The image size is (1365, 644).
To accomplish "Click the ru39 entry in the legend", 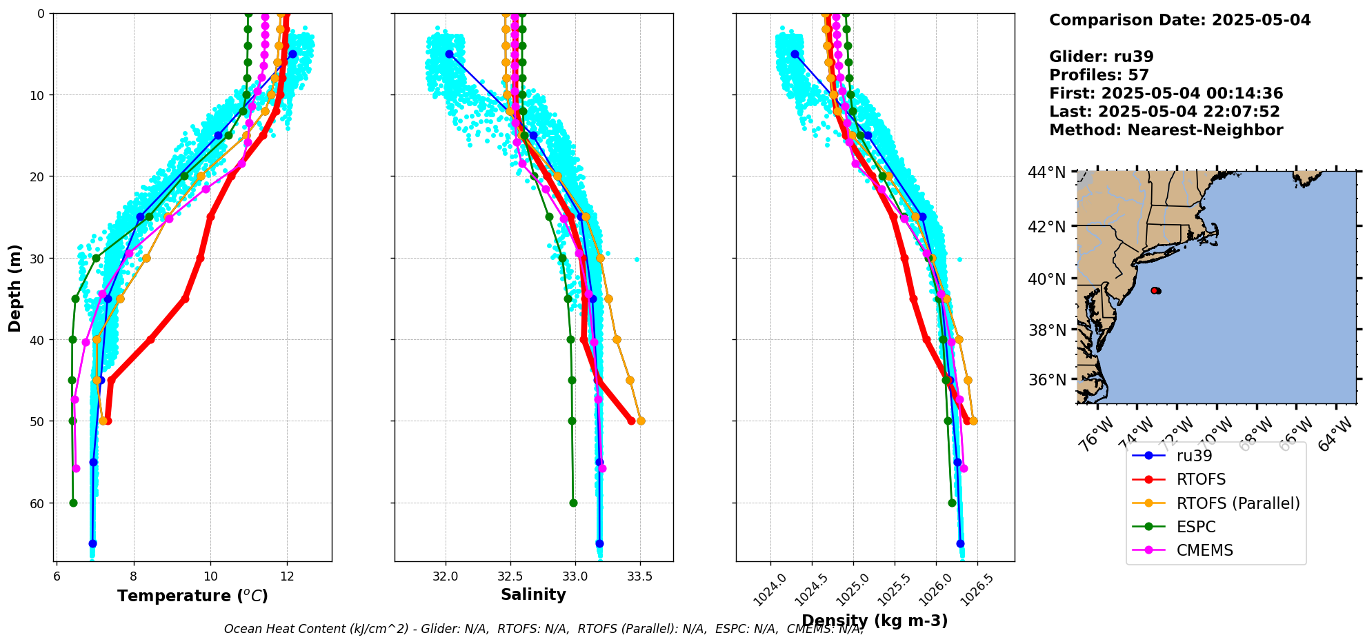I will click(x=1194, y=456).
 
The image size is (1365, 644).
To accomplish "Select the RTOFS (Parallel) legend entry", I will click(x=1238, y=503).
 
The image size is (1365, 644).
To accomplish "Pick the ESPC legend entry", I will click(x=1196, y=527).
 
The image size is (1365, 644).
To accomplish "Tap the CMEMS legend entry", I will click(x=1204, y=550).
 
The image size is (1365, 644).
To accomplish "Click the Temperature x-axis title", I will click(x=192, y=596).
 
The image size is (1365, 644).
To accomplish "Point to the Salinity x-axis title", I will click(x=533, y=595).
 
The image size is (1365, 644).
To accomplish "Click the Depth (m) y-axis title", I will click(x=15, y=288).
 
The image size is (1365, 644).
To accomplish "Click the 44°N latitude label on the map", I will click(x=1047, y=172).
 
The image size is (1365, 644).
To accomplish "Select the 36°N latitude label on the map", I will click(x=1048, y=380).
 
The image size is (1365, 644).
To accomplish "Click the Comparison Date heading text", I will click(x=1179, y=20).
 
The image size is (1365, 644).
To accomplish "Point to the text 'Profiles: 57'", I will click(x=1099, y=75).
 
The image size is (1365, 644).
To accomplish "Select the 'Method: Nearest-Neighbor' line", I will click(x=1166, y=130).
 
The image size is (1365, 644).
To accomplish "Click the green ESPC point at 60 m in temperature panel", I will click(x=73, y=503).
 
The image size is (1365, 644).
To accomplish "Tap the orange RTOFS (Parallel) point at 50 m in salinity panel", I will click(x=641, y=421).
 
